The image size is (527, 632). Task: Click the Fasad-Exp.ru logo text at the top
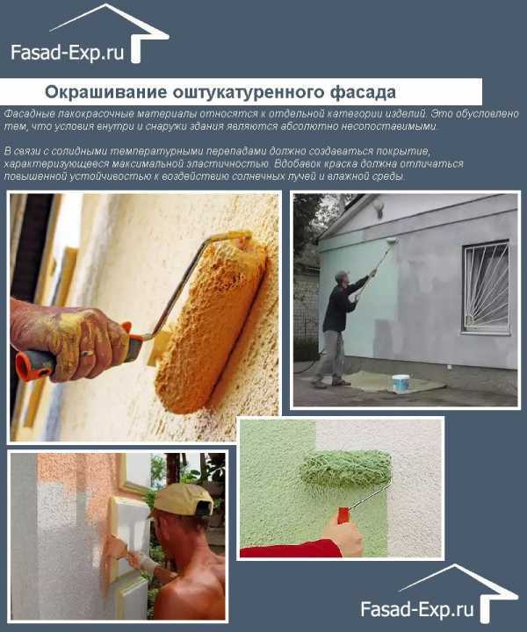67,53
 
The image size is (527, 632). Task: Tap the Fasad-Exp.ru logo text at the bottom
417,608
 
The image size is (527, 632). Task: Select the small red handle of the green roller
343,514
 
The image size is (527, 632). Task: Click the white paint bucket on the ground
401,383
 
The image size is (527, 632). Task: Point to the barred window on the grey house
486,287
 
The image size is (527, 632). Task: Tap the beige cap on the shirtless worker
183,499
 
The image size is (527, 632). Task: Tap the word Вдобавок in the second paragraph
292,164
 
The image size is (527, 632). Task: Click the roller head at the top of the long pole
392,241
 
